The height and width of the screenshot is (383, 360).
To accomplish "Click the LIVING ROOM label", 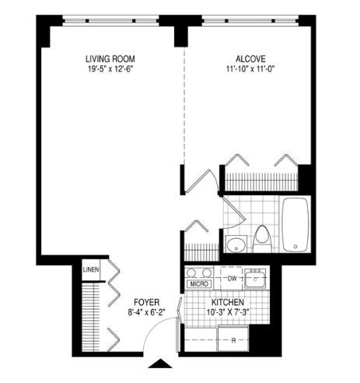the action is pos(110,59).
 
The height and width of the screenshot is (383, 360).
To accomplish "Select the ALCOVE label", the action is pos(250,59).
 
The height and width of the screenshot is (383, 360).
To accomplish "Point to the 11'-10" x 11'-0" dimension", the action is pos(250,69).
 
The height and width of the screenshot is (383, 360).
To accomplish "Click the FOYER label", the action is pos(146,302).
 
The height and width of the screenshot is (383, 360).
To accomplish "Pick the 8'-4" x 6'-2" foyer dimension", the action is pos(147,312).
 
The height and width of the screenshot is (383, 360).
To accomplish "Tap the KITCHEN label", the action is pos(228,302).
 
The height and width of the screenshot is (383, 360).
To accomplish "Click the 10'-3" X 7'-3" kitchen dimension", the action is pos(228,312).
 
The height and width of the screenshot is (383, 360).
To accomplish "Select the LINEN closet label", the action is pos(91,269).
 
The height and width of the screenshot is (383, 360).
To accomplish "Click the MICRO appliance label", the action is pos(199,284).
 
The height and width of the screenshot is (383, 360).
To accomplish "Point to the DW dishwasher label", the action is pos(232,279).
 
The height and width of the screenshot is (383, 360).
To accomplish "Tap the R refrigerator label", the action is pos(233,341).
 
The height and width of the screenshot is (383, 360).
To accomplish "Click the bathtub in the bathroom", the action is pos(295,225).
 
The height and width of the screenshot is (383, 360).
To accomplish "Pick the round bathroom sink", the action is pos(236,244).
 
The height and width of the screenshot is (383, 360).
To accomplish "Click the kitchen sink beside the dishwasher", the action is pos(255,279).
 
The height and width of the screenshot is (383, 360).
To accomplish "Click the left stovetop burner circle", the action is pos(191,272).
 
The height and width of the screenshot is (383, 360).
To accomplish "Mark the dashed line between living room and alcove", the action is pos(184,106).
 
